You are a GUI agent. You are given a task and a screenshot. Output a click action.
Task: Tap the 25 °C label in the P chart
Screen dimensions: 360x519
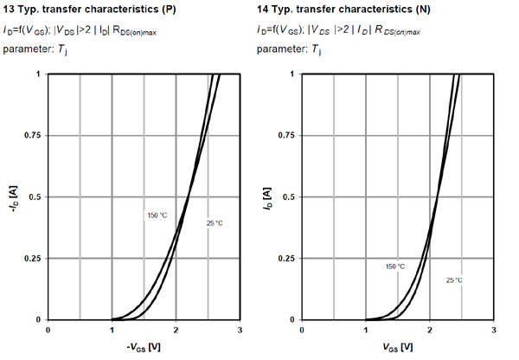[x=214, y=223]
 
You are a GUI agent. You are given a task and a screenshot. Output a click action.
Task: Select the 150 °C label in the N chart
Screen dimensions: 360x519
[x=394, y=267]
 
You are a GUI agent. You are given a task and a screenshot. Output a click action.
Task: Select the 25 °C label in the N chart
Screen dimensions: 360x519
[x=454, y=280]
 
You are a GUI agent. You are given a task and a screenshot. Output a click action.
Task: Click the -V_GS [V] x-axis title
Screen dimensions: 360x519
[x=142, y=347]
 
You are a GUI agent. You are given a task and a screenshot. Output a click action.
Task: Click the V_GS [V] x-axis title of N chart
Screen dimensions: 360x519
[x=397, y=347]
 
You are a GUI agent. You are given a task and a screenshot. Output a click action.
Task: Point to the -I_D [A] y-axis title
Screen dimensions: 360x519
[x=14, y=196]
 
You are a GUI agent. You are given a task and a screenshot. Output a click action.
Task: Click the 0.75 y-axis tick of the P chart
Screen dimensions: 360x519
[x=33, y=136]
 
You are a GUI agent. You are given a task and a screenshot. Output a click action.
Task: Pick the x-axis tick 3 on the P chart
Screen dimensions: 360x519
[x=239, y=331]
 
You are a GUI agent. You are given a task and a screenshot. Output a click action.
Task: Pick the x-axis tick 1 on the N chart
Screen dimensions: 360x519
[x=366, y=331]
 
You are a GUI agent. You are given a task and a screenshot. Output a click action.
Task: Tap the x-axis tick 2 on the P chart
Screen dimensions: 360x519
[x=175, y=331]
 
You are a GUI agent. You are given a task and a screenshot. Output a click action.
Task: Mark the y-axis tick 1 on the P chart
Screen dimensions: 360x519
[x=38, y=74]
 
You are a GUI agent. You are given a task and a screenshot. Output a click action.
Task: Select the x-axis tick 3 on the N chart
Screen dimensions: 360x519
[x=493, y=331]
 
